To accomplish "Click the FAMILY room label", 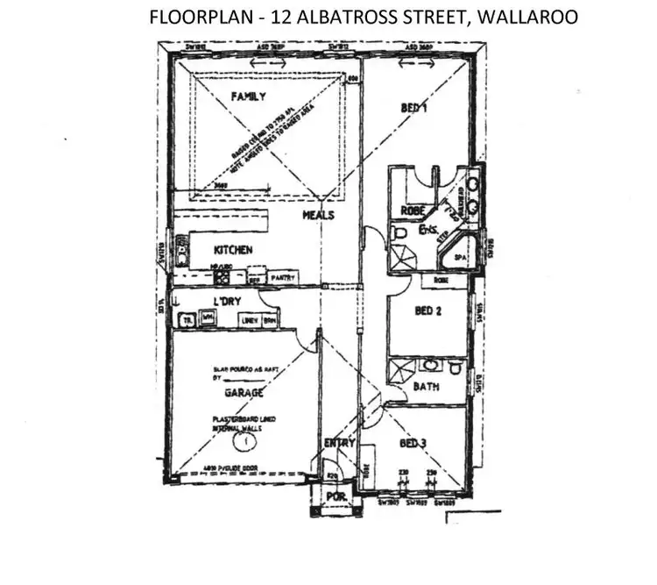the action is coord(247,96).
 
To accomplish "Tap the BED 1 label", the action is coord(413,108).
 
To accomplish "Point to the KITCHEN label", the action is coord(233,250).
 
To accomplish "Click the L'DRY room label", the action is coord(227,302).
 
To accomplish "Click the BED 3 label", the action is coord(413,443).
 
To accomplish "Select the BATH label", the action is coord(426,386).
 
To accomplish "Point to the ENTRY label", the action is coord(340,443).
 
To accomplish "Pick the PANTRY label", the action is coord(283,278).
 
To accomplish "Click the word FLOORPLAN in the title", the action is coord(193,17).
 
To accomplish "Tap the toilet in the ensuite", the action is coord(399,234).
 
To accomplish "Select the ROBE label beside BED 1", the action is coord(412,210).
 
